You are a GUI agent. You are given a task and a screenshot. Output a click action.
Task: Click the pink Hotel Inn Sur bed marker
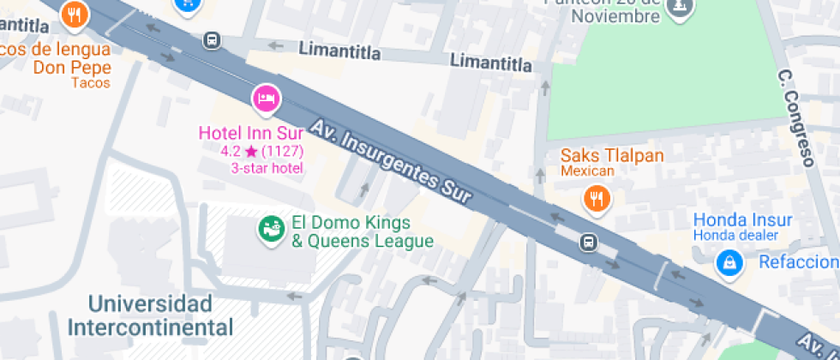[266, 99]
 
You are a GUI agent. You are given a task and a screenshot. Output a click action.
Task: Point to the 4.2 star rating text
[262, 151]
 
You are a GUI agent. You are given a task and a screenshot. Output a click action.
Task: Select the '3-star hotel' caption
[267, 168]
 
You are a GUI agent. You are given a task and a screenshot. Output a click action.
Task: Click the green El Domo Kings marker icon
[272, 229]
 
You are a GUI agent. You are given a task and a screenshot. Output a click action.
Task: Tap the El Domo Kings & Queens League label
[363, 231]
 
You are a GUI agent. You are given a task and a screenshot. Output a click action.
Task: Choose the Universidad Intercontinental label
[150, 315]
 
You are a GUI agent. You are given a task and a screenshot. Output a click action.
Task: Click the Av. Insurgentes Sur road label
[392, 160]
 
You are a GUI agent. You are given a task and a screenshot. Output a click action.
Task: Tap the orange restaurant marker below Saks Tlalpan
[596, 200]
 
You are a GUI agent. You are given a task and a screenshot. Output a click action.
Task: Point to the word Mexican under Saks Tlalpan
[588, 171]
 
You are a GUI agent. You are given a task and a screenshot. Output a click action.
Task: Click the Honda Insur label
[742, 219]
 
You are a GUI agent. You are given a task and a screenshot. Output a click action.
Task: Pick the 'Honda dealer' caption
[735, 236]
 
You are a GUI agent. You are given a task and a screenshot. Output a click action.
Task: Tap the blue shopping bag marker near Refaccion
[729, 262]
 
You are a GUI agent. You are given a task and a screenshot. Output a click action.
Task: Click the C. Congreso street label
[795, 117]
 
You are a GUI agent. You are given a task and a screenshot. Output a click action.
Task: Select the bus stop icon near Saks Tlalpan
[589, 242]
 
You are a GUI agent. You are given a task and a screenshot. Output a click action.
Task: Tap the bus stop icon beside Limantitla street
[211, 39]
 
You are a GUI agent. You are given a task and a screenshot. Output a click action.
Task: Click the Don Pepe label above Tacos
[73, 67]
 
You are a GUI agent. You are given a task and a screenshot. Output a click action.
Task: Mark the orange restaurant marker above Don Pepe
[75, 13]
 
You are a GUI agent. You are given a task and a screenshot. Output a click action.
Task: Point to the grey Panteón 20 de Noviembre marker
[681, 7]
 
